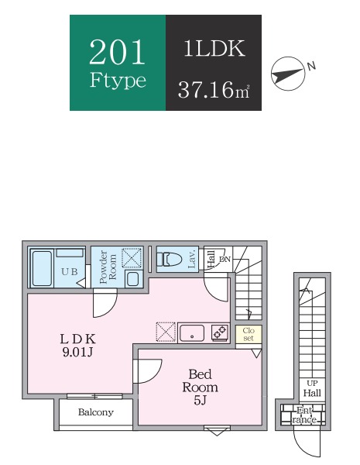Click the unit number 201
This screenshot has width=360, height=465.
(x=117, y=52)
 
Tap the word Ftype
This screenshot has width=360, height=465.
(x=118, y=80)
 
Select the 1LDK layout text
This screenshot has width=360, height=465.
(x=214, y=48)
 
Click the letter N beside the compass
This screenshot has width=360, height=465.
(x=311, y=66)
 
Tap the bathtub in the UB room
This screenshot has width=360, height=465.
(x=42, y=268)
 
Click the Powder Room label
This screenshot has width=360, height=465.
(x=108, y=267)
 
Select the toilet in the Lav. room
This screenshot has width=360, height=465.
(x=169, y=259)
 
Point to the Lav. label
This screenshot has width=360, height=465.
(x=192, y=259)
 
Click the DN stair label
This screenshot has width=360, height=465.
(x=225, y=259)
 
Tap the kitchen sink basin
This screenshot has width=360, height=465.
(x=192, y=333)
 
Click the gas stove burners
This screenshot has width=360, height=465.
(x=220, y=332)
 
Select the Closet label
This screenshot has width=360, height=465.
(x=249, y=334)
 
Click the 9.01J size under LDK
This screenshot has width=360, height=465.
(x=77, y=352)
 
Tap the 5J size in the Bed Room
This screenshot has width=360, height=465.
(x=200, y=401)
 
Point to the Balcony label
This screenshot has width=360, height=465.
(x=96, y=412)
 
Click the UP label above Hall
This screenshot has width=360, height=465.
(x=312, y=383)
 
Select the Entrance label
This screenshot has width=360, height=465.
(x=304, y=415)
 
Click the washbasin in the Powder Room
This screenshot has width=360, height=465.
(x=132, y=279)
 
